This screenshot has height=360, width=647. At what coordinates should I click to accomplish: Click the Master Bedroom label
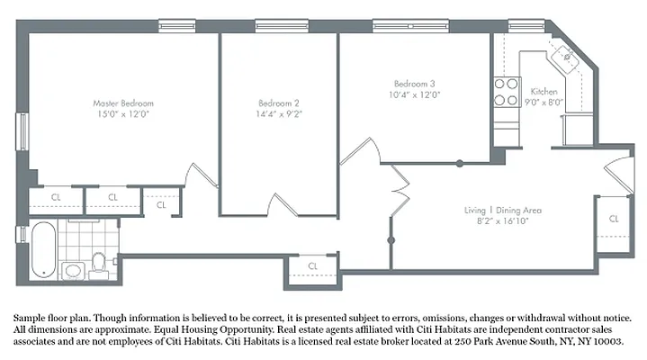(x=124, y=103)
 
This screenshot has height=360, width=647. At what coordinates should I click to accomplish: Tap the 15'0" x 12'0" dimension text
(x=124, y=114)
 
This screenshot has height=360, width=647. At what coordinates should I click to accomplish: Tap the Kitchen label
(x=544, y=92)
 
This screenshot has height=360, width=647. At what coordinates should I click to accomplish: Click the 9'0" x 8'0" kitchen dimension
(x=545, y=103)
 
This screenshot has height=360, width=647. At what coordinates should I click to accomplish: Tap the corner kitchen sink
(x=567, y=56)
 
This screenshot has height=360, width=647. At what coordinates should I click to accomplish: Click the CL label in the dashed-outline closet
(x=161, y=204)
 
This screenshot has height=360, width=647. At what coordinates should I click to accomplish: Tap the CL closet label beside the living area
(x=613, y=219)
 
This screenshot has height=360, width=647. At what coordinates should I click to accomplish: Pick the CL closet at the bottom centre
(x=313, y=266)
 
